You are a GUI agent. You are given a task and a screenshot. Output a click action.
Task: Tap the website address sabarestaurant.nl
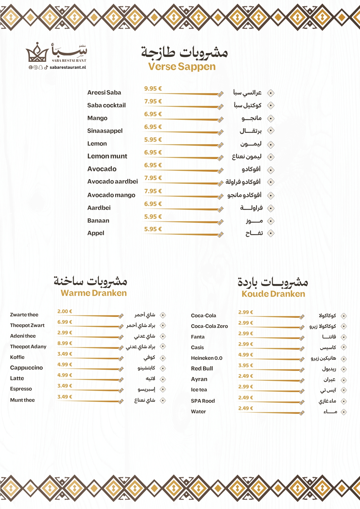[x=68, y=67]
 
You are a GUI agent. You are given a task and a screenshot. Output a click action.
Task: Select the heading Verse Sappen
[x=182, y=66]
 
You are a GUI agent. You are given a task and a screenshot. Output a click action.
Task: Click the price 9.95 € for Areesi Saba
[x=153, y=89]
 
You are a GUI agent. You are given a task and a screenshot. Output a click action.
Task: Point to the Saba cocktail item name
[x=106, y=105]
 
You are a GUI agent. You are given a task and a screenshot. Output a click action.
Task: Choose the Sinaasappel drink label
[x=105, y=131]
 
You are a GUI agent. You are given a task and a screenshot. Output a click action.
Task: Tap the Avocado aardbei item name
[x=113, y=182]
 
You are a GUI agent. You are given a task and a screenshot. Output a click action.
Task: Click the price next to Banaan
[x=153, y=217]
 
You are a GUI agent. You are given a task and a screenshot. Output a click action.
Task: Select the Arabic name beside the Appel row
[x=254, y=233]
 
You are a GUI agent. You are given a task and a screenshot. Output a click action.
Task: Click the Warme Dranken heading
[x=94, y=293]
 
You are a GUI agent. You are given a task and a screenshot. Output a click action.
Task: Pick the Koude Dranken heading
[x=273, y=294]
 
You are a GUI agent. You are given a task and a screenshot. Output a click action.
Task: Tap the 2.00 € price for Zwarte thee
[x=65, y=311]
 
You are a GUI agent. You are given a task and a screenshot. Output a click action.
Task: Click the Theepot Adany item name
[x=28, y=346]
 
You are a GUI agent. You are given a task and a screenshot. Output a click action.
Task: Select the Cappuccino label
[x=26, y=368]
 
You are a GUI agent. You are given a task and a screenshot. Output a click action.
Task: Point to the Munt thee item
[x=22, y=400]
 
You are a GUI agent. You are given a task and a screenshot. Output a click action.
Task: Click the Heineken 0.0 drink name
[x=207, y=358]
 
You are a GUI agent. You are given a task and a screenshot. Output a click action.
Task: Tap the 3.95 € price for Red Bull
[x=246, y=365]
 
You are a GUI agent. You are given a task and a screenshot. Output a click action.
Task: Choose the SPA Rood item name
[x=203, y=401]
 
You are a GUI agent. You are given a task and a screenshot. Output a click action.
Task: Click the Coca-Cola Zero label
[x=209, y=326]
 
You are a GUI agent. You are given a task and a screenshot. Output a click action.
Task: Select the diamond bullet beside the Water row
[x=344, y=412]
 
